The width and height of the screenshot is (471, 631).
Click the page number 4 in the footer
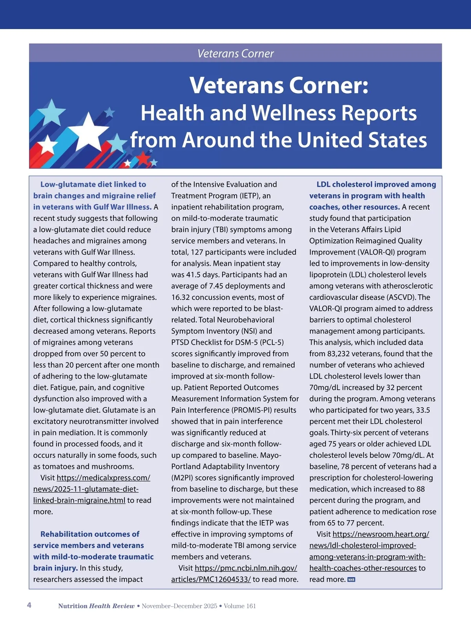[x=29, y=605]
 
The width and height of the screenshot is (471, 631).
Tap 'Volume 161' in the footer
[x=240, y=606]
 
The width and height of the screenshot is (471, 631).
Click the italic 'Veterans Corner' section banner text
[x=235, y=53]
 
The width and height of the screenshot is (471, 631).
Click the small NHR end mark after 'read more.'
[x=351, y=580]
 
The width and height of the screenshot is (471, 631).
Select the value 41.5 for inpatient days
[x=194, y=275]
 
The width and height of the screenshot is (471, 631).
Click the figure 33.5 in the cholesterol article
[x=423, y=410]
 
